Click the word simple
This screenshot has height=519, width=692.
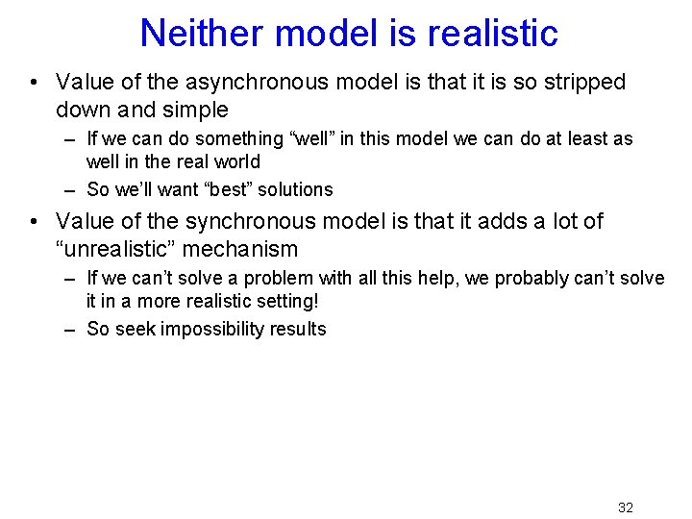[x=197, y=110]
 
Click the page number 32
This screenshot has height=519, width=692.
[x=625, y=507]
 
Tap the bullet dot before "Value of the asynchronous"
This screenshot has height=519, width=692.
[x=35, y=83]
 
